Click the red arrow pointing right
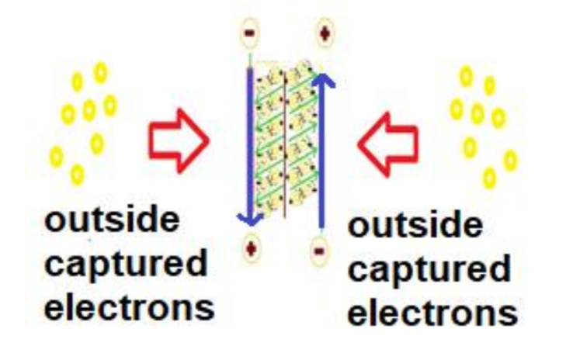coord(179,141)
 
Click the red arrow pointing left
coord(388,144)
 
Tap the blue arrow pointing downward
coord(250,144)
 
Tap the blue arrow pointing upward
coord(321,151)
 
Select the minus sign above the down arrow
coord(249,33)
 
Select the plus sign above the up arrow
coord(325,33)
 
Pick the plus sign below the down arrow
coord(252,248)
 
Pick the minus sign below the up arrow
coord(319,251)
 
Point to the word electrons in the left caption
coord(129,309)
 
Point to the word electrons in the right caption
coord(432,313)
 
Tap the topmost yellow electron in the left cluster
coord(101,73)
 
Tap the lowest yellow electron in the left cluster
coord(77,175)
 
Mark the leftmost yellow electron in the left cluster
coord(57,157)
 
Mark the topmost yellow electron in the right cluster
coord(466,77)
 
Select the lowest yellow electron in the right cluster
coord(489,178)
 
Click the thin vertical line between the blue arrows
coord(285,144)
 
